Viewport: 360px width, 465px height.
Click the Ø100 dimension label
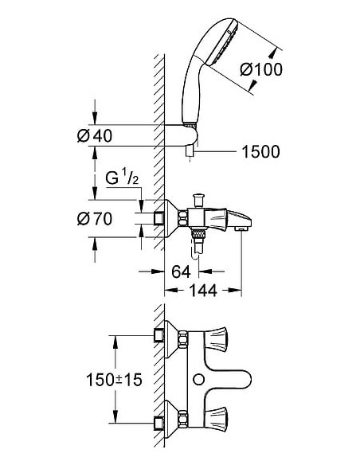pos(260,69)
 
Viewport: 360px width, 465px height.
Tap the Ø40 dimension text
pos(94,135)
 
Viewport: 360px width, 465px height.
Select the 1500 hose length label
pos(260,151)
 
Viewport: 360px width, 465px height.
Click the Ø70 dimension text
pos(94,218)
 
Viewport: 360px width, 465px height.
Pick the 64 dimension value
pos(181,272)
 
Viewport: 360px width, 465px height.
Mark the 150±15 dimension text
pos(114,381)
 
